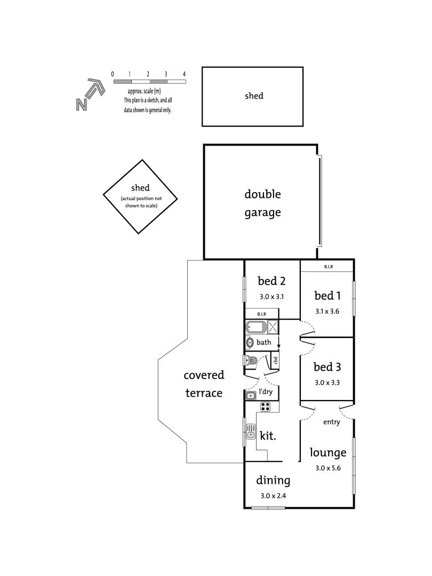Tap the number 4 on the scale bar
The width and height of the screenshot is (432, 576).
tap(184, 74)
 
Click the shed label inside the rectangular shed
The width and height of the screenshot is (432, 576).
tap(254, 97)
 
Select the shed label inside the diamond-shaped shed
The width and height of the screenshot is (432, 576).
tap(140, 188)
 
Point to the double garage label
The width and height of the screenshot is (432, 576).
tap(262, 203)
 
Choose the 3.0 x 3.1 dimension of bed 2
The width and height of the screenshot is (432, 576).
tap(272, 297)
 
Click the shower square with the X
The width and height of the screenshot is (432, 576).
tap(273, 327)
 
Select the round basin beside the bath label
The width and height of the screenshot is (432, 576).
tap(250, 342)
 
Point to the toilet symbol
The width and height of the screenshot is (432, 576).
tap(250, 361)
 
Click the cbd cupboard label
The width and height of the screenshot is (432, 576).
tap(276, 360)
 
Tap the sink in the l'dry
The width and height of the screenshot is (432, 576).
tap(251, 395)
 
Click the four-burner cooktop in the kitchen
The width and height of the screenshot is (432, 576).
tap(266, 407)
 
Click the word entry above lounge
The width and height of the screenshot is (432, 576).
tap(331, 422)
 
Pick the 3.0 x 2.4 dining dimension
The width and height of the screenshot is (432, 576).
tap(273, 496)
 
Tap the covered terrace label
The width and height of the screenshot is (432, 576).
tap(204, 384)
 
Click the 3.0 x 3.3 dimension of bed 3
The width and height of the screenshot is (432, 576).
tap(327, 382)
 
